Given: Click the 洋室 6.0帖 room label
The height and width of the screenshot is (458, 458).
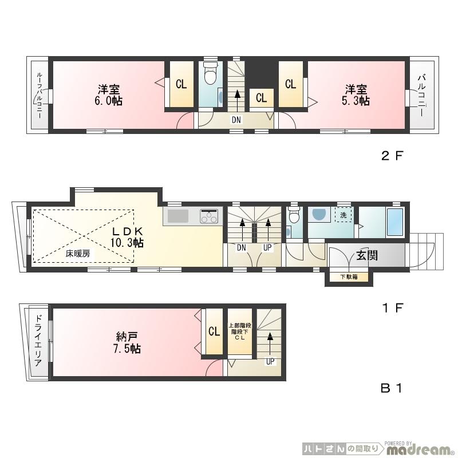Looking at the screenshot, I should point(109,95).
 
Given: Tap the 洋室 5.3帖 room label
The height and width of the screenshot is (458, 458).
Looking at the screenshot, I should point(356,95).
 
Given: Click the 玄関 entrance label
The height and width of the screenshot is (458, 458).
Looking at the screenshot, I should point(366,255).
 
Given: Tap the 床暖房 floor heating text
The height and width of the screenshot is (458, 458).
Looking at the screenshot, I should point(77,252).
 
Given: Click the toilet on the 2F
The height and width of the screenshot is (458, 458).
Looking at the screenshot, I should point(210,75).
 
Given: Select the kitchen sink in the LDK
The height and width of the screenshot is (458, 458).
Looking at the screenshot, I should point(177,216).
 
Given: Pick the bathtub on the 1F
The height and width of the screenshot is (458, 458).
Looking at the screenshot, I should point(395,223).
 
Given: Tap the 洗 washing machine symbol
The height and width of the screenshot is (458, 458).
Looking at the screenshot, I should point(343,216).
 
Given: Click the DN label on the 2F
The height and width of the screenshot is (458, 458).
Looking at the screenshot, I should point(236,120).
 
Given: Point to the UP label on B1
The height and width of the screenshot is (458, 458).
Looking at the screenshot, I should point(269,361).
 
